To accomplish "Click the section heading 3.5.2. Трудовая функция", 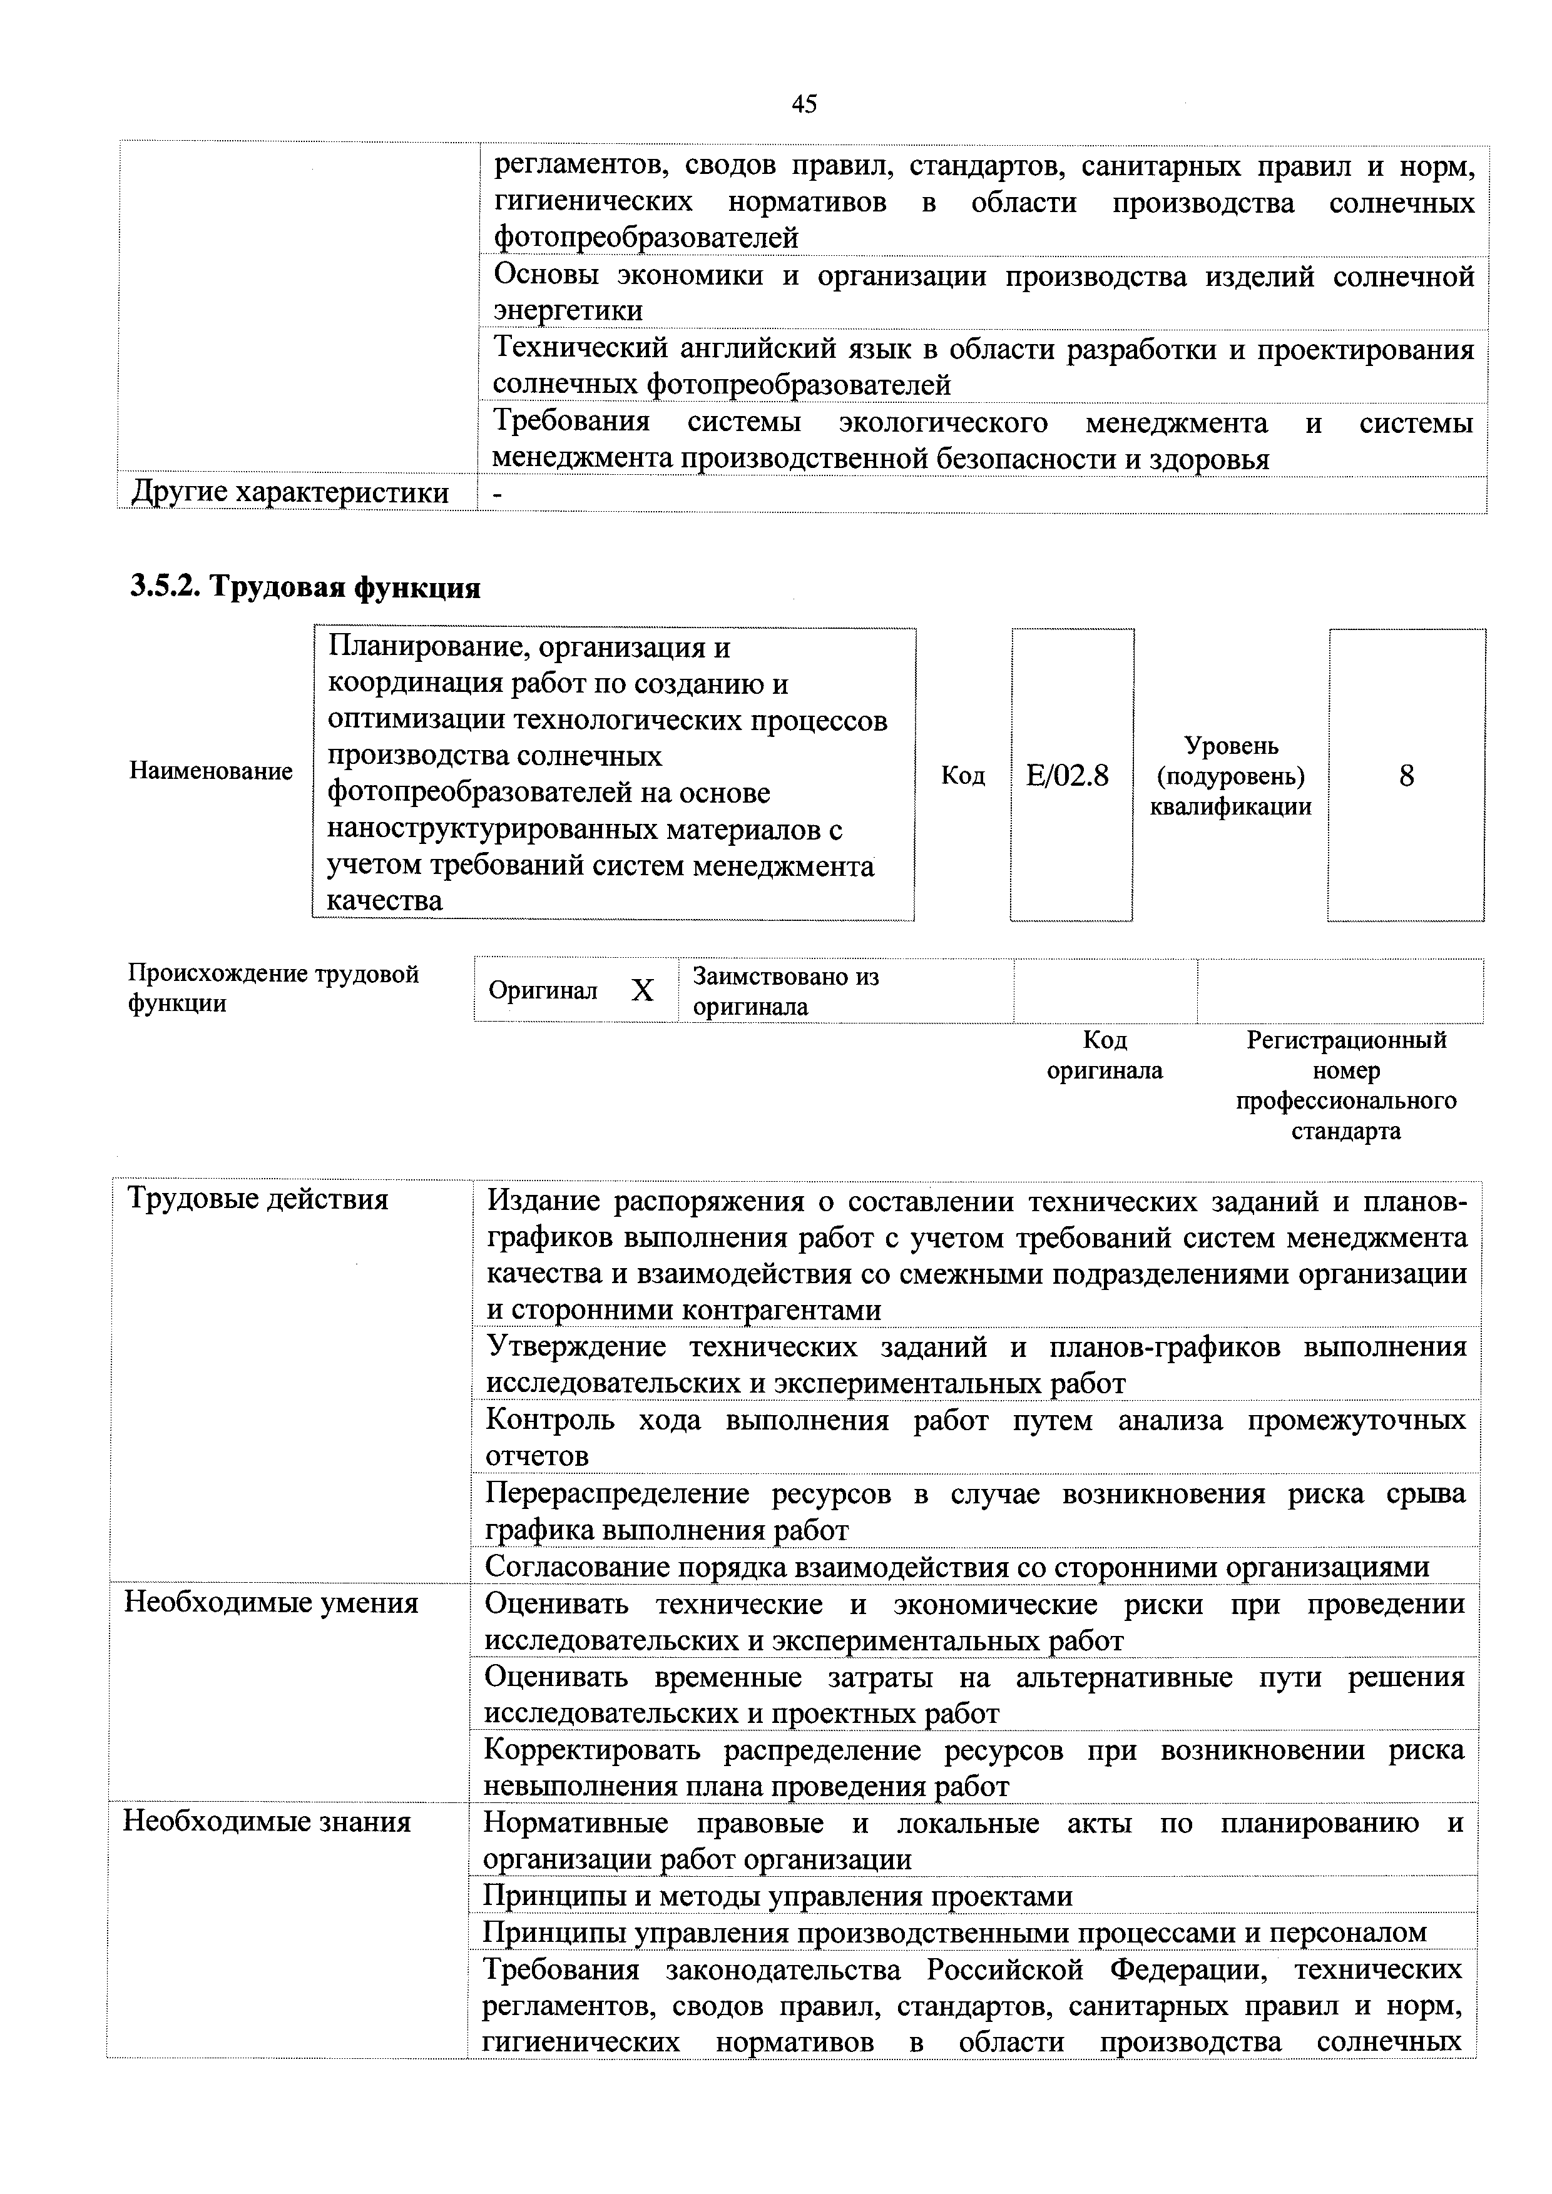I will (x=305, y=587).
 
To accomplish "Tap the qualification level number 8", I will (x=1406, y=775).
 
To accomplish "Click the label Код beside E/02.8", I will (x=962, y=775).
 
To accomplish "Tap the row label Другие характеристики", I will (x=290, y=492).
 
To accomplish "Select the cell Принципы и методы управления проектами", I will (x=778, y=1896).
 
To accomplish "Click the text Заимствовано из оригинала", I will (x=785, y=991).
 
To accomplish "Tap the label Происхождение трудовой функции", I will (x=273, y=988).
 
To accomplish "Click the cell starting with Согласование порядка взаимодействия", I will (x=957, y=1567).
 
